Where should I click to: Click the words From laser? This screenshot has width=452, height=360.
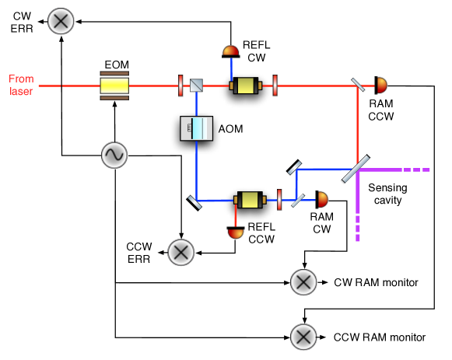21,85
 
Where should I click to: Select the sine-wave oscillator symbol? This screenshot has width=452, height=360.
114,156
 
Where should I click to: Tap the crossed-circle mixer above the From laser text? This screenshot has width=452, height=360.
61,22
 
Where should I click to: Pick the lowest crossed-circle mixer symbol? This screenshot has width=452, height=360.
303,337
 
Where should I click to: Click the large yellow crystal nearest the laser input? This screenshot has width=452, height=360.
114,86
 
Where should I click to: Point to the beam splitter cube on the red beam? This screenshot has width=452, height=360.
196,86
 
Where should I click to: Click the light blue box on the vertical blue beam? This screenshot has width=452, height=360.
197,128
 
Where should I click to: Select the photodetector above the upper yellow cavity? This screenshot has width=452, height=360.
231,51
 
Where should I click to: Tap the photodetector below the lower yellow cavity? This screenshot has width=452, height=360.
236,232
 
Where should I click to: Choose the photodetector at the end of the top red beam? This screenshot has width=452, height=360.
381,86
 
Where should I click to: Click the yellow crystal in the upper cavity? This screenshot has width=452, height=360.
246,86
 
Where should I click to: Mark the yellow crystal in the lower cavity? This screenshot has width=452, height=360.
250,200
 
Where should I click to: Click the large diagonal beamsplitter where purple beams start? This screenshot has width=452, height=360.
356,170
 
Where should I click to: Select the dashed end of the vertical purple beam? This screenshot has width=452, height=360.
358,229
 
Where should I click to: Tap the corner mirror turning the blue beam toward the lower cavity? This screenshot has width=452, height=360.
194,201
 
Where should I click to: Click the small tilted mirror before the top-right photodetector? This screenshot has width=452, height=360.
358,86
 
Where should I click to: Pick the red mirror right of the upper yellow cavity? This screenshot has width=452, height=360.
275,86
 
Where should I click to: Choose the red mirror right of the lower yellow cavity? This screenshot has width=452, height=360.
279,200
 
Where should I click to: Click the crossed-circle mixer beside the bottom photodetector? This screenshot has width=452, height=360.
181,253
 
